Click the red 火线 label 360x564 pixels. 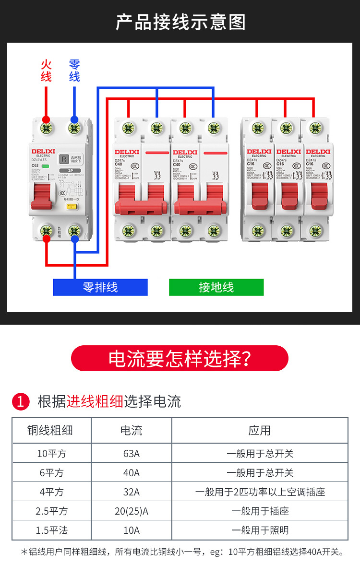(46, 70)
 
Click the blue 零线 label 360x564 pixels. (74, 70)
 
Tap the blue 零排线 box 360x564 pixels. (100, 287)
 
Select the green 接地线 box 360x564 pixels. (216, 287)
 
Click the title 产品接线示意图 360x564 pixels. (180, 22)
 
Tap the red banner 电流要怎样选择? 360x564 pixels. (180, 358)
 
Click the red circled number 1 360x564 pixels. (20, 401)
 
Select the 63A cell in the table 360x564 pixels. (131, 453)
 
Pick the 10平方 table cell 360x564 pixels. (51, 453)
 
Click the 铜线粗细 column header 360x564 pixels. (51, 430)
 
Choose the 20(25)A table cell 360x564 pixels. (131, 511)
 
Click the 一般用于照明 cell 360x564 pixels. (260, 530)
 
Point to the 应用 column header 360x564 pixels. (260, 430)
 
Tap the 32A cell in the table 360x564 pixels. (131, 492)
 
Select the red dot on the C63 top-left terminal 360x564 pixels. (46, 119)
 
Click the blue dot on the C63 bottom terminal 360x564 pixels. (74, 238)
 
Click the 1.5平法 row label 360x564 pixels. (51, 530)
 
